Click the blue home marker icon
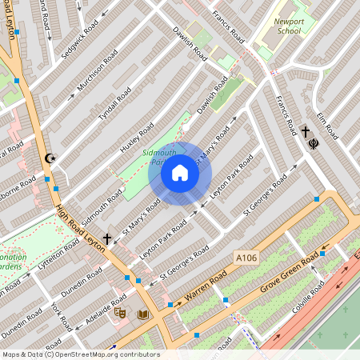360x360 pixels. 180,173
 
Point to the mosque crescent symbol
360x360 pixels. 50,158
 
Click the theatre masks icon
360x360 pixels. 121,312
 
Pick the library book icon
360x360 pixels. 144,314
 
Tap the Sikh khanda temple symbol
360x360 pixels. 313,143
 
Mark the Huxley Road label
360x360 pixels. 136,138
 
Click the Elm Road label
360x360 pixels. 324,124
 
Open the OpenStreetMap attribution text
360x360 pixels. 80,354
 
